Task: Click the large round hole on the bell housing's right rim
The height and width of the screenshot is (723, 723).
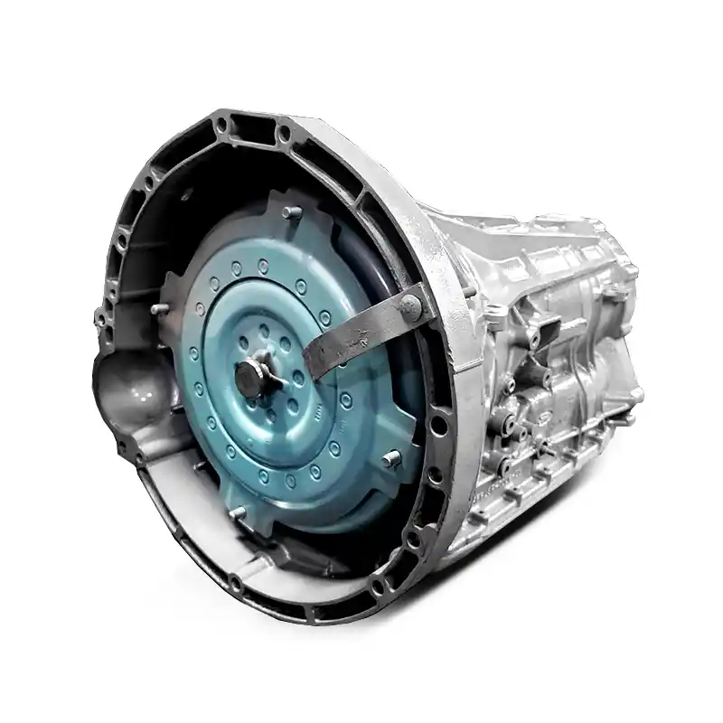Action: pyautogui.click(x=442, y=424)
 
